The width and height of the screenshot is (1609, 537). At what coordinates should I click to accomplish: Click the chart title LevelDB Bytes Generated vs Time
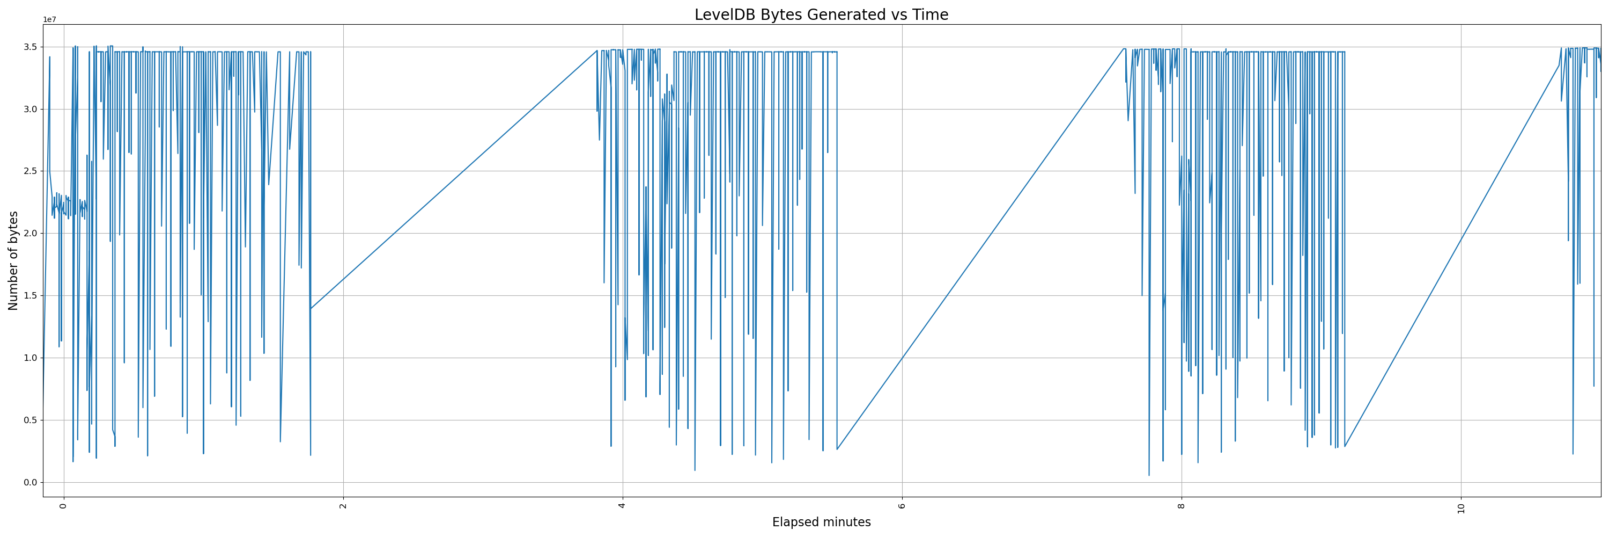pyautogui.click(x=821, y=15)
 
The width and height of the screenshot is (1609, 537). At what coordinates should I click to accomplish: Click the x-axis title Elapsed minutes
pyautogui.click(x=821, y=522)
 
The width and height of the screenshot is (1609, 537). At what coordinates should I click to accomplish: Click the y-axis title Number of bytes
pyautogui.click(x=13, y=260)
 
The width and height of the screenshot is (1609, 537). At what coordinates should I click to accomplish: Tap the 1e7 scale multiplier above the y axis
pyautogui.click(x=49, y=20)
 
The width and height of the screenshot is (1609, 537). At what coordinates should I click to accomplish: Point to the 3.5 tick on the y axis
pyautogui.click(x=29, y=47)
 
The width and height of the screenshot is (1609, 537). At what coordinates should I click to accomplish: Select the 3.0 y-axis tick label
pyautogui.click(x=29, y=110)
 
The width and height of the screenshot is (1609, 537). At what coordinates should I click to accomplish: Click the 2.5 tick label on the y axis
pyautogui.click(x=29, y=171)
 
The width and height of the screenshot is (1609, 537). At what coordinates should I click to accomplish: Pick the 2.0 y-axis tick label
pyautogui.click(x=29, y=234)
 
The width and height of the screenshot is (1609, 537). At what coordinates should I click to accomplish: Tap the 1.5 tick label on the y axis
pyautogui.click(x=29, y=296)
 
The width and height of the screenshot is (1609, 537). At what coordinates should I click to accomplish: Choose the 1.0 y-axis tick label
pyautogui.click(x=29, y=358)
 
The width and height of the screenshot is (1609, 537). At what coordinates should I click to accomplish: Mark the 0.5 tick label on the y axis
pyautogui.click(x=29, y=420)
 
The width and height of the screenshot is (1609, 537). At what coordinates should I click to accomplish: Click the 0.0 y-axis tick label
pyautogui.click(x=29, y=483)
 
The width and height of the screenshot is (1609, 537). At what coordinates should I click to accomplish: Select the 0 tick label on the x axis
pyautogui.click(x=63, y=505)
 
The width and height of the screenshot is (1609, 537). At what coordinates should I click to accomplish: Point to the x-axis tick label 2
pyautogui.click(x=343, y=505)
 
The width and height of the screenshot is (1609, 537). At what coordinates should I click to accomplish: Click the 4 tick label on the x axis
pyautogui.click(x=622, y=505)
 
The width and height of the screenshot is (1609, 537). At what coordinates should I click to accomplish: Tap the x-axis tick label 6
pyautogui.click(x=902, y=505)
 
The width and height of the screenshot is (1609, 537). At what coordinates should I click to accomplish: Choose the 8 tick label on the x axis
pyautogui.click(x=1181, y=505)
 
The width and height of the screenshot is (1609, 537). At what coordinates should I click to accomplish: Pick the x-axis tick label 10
pyautogui.click(x=1461, y=507)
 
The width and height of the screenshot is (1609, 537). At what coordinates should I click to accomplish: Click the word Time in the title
pyautogui.click(x=930, y=15)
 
